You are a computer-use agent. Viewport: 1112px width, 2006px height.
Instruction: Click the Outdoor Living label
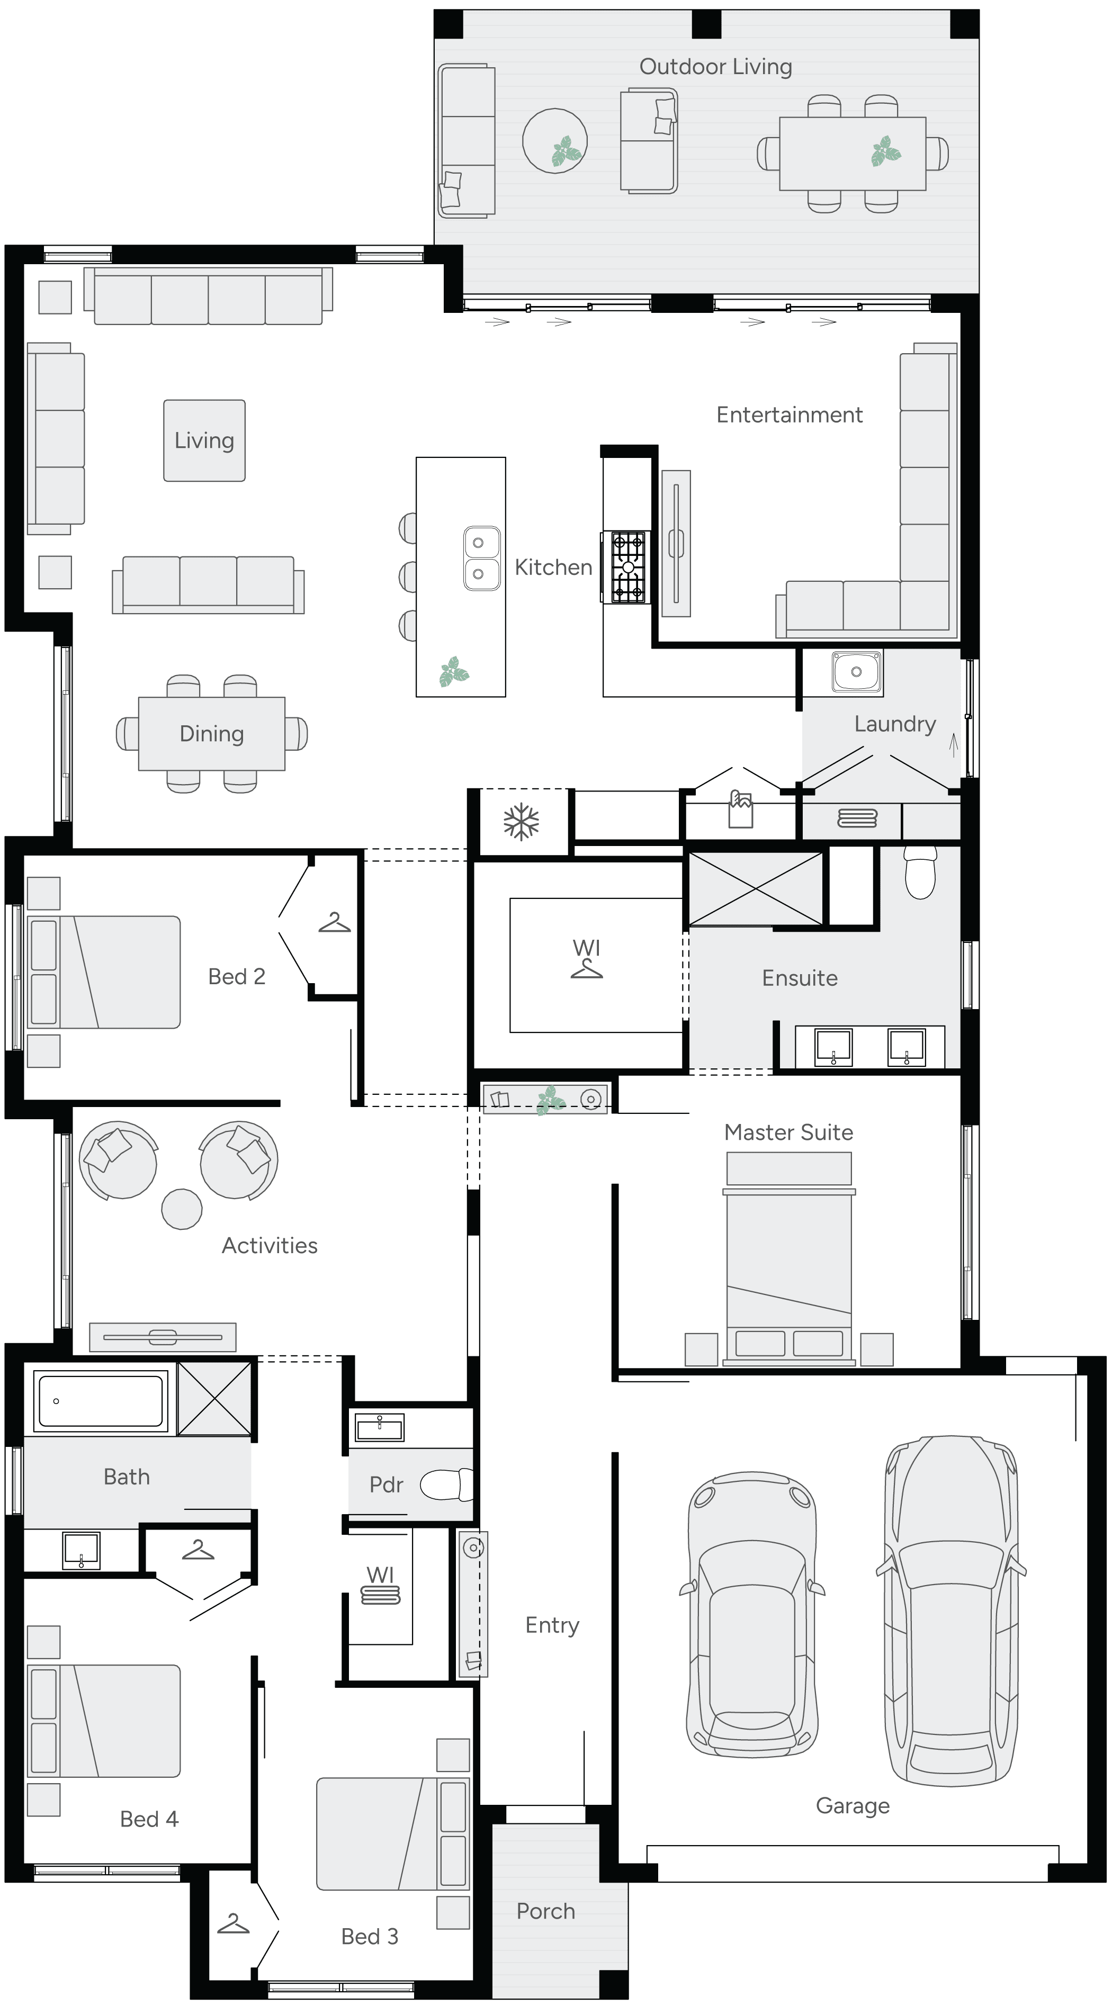715,67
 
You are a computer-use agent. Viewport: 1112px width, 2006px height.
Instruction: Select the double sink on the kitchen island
481,557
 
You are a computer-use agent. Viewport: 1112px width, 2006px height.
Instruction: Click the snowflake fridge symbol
521,822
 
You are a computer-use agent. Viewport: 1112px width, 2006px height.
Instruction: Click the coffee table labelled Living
204,441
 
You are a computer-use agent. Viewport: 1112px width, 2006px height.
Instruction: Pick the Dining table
211,734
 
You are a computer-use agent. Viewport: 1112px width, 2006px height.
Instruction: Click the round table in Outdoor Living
554,141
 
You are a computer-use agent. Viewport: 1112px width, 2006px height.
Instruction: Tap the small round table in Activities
182,1209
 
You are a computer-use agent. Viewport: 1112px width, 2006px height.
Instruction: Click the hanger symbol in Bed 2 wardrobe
334,923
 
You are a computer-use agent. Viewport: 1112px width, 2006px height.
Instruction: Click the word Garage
852,1805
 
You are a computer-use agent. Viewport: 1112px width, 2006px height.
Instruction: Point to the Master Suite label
788,1132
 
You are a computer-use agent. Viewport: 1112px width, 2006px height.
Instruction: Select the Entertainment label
789,415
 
